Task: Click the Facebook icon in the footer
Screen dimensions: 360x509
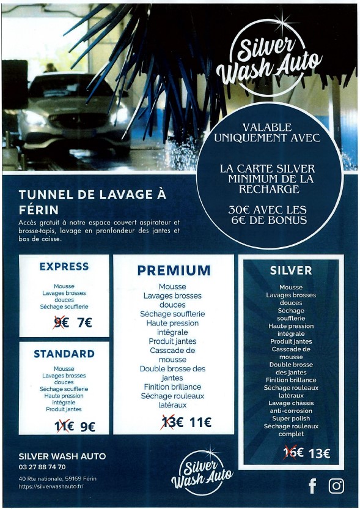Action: [x=312, y=486]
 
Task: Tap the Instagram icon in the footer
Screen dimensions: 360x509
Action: [x=336, y=486]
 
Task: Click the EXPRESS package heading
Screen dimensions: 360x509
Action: [x=64, y=267]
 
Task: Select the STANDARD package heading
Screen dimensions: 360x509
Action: [x=64, y=354]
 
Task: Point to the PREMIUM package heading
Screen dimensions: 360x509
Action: [x=174, y=270]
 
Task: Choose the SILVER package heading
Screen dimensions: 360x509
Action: [x=291, y=270]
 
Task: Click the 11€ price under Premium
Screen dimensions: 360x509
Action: [x=200, y=422]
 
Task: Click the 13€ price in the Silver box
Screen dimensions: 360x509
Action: [x=319, y=453]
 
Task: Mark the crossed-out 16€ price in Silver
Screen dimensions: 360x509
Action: [x=293, y=453]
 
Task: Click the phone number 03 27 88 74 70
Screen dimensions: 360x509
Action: [x=43, y=467]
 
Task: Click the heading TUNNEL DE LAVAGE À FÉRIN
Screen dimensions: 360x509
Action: [x=92, y=202]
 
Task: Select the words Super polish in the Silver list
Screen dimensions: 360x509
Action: [x=291, y=418]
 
